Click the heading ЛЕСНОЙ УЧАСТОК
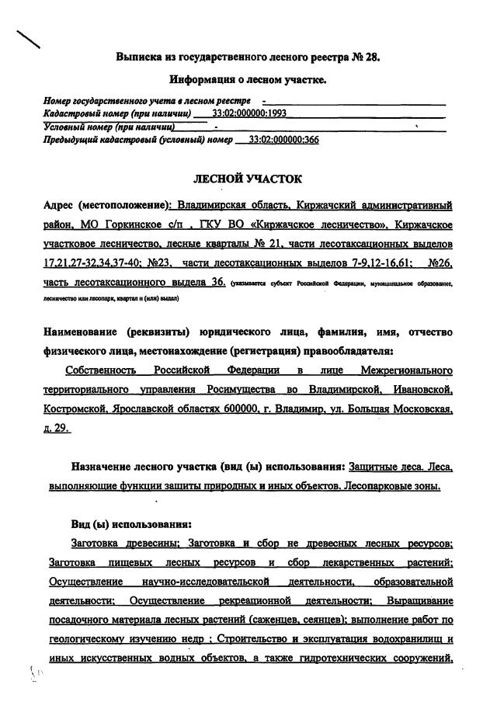pyautogui.click(x=247, y=179)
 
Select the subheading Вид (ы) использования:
pyautogui.click(x=126, y=523)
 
